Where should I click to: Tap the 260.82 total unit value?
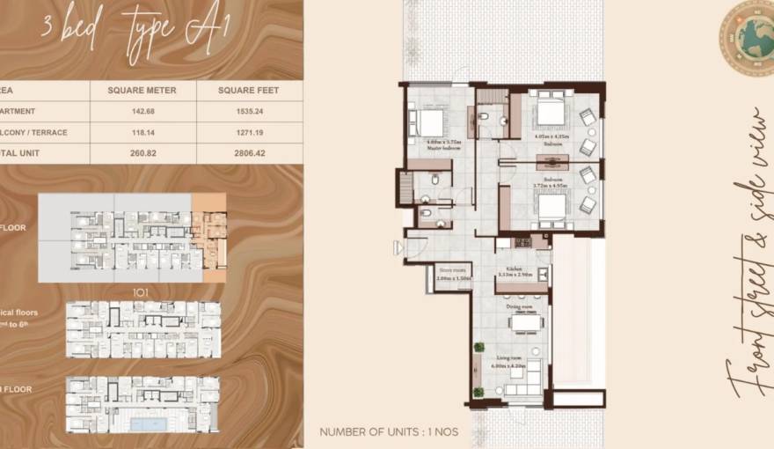click(142, 153)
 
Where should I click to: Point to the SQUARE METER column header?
click(142, 90)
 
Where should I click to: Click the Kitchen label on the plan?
click(515, 271)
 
